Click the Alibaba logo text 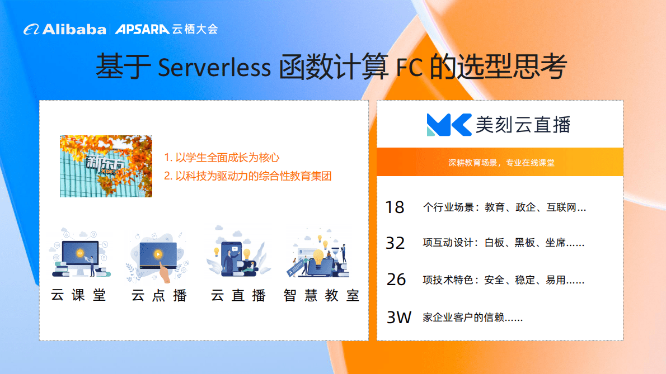coord(73,30)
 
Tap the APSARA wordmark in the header coord(142,30)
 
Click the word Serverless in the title coord(214,68)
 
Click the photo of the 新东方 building coord(106,166)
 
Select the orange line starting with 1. coord(222,158)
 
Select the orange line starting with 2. coord(248,176)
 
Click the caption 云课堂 coord(79,295)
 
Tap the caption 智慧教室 coord(321,295)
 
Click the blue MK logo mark coord(449,125)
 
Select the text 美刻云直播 coord(523,125)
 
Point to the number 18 coord(395,207)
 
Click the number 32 coord(395,243)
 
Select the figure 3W coord(399,318)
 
